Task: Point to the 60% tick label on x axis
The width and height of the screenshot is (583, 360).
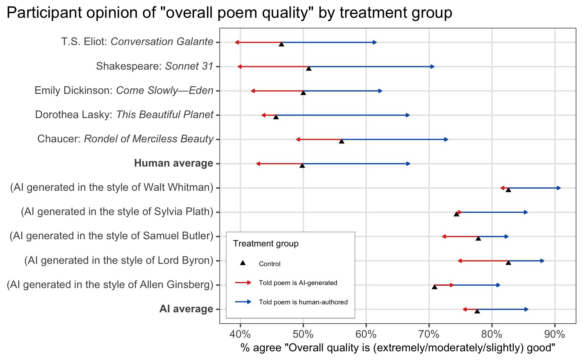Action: click(366, 334)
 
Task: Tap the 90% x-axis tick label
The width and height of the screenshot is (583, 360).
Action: click(555, 334)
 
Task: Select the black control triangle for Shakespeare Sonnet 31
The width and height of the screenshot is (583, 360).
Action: click(309, 68)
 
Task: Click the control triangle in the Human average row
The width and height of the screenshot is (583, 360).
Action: click(302, 165)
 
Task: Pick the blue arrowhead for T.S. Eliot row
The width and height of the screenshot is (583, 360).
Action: click(375, 42)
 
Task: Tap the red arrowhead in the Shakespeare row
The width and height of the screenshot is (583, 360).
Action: click(240, 67)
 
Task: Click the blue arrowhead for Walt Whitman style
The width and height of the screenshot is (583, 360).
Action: click(559, 188)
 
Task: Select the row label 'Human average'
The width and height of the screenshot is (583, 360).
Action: click(174, 164)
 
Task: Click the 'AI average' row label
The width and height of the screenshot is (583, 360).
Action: click(186, 309)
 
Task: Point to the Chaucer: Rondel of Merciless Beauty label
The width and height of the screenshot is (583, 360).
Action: click(125, 139)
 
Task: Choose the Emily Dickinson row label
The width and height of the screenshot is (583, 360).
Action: click(124, 91)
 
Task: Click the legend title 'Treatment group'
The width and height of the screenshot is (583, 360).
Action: click(266, 244)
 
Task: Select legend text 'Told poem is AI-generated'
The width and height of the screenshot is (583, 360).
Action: click(298, 283)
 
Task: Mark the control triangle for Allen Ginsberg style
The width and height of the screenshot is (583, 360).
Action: click(435, 287)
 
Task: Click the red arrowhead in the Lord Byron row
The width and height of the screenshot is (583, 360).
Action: click(460, 261)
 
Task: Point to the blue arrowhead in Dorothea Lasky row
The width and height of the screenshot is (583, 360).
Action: click(408, 115)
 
